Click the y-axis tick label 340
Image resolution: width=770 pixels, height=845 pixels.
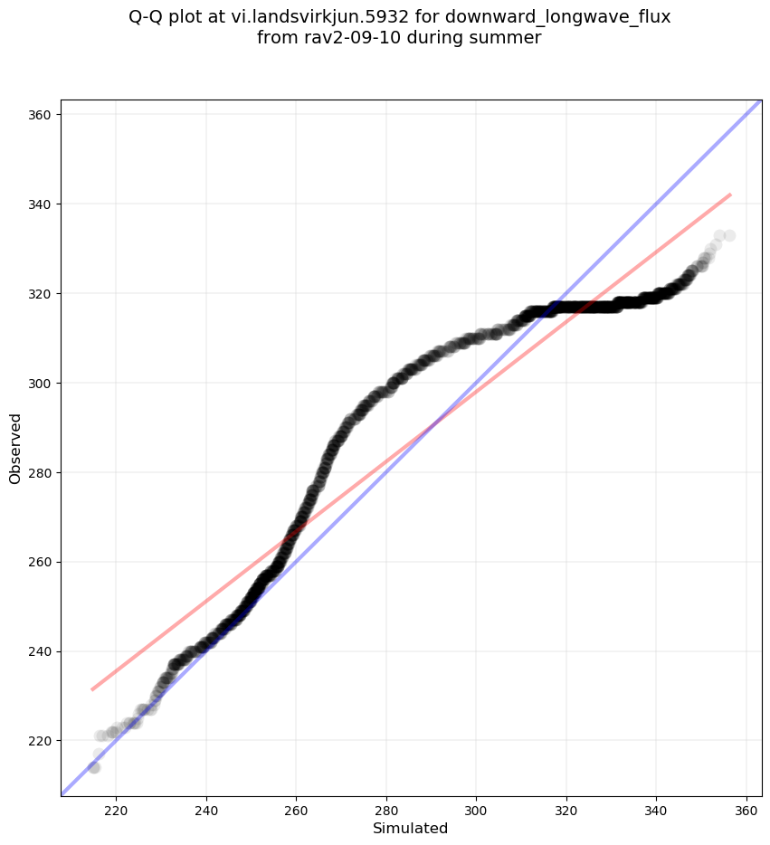(41, 204)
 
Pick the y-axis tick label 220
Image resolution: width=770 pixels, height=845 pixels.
(41, 741)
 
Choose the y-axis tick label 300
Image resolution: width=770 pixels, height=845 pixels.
(41, 384)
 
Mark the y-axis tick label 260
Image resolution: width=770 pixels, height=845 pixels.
(41, 562)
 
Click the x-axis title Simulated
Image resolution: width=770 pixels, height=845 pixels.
(411, 828)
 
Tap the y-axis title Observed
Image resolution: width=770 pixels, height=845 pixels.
(15, 448)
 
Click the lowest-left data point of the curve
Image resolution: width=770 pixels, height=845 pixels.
(93, 767)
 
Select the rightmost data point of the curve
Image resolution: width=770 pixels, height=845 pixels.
(729, 235)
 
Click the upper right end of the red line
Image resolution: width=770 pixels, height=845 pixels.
(730, 195)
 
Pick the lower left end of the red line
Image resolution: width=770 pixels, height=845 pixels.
(91, 689)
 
